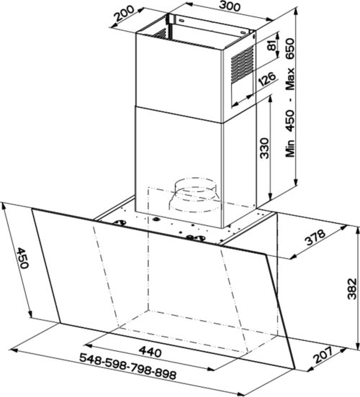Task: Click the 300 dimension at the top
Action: point(230,6)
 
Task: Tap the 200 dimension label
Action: point(124,13)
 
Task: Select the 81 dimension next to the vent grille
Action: point(271,46)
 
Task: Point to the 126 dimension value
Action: point(267,78)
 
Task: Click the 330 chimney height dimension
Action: point(264,148)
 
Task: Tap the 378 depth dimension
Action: point(315,237)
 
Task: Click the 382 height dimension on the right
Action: point(352,288)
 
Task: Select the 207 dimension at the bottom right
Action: point(323,355)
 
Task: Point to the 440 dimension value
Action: point(150,352)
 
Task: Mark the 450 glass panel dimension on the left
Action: point(23,257)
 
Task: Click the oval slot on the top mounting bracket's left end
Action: point(181,19)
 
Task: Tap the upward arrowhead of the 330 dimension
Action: point(271,101)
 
